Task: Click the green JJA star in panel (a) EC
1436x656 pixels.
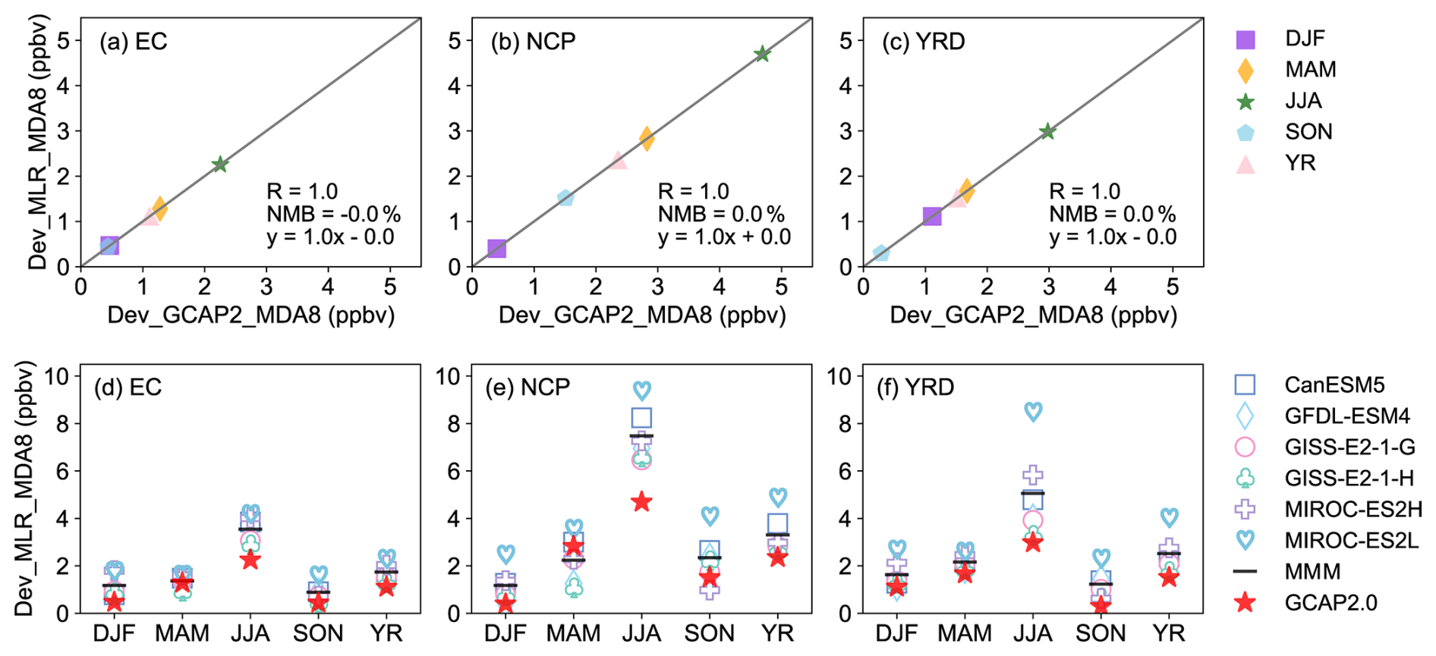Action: [x=220, y=165]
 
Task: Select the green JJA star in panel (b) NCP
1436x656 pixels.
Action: [x=762, y=54]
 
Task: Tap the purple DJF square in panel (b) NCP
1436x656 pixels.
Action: [x=496, y=249]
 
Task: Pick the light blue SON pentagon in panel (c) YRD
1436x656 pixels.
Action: [x=880, y=253]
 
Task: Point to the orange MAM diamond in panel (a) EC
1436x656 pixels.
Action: [x=159, y=208]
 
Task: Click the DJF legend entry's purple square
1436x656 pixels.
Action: [x=1245, y=39]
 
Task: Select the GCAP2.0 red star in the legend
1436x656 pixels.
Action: [x=1245, y=603]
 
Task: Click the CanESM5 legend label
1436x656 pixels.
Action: [x=1334, y=385]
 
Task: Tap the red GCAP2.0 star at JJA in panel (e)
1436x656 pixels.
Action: [x=642, y=502]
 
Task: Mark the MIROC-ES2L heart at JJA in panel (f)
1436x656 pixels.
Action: [x=1033, y=412]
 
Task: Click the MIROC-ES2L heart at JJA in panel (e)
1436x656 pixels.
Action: [x=642, y=391]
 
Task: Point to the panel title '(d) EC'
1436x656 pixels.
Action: [x=128, y=388]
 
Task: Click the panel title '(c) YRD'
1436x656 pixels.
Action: [x=923, y=41]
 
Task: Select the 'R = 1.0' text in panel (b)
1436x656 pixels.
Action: [x=693, y=191]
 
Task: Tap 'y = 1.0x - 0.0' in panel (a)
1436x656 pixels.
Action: [x=330, y=237]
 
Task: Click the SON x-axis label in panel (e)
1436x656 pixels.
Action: [x=710, y=633]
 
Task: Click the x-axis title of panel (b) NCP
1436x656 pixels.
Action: [x=642, y=315]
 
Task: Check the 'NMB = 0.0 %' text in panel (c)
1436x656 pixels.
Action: [x=1112, y=215]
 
